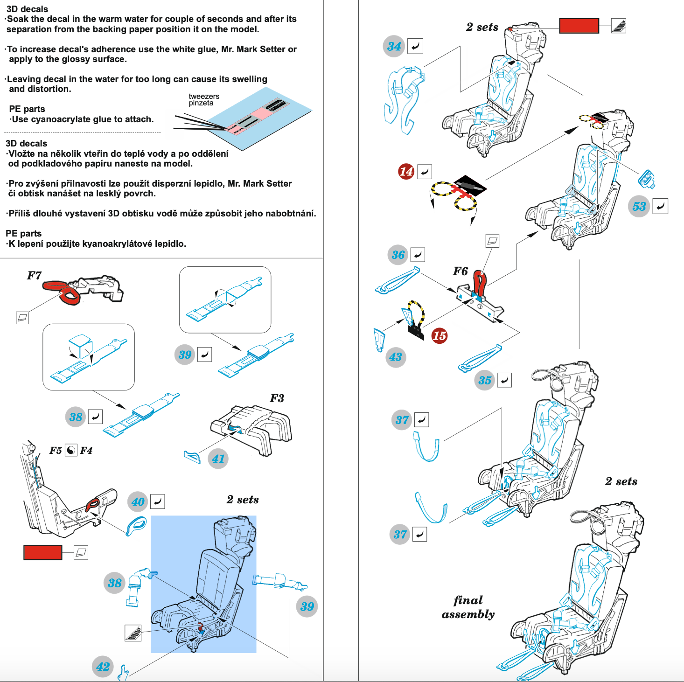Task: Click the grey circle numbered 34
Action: coord(394,46)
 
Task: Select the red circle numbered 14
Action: coord(406,171)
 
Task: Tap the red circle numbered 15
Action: coord(439,335)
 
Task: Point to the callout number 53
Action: coord(639,207)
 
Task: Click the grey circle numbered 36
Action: coord(398,255)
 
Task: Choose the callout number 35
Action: coord(485,380)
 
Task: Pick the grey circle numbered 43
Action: coord(396,357)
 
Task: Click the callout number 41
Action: coord(218,459)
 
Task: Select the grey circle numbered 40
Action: coord(138,502)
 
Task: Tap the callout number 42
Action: coord(103,667)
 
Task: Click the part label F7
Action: coord(34,276)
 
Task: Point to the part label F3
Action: coord(277,398)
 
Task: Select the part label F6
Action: coord(460,271)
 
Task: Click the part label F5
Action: coord(56,450)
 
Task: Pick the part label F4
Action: coord(86,450)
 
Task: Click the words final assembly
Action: coord(468,607)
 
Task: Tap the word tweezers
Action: coord(204,96)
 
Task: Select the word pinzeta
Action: coord(201,103)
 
